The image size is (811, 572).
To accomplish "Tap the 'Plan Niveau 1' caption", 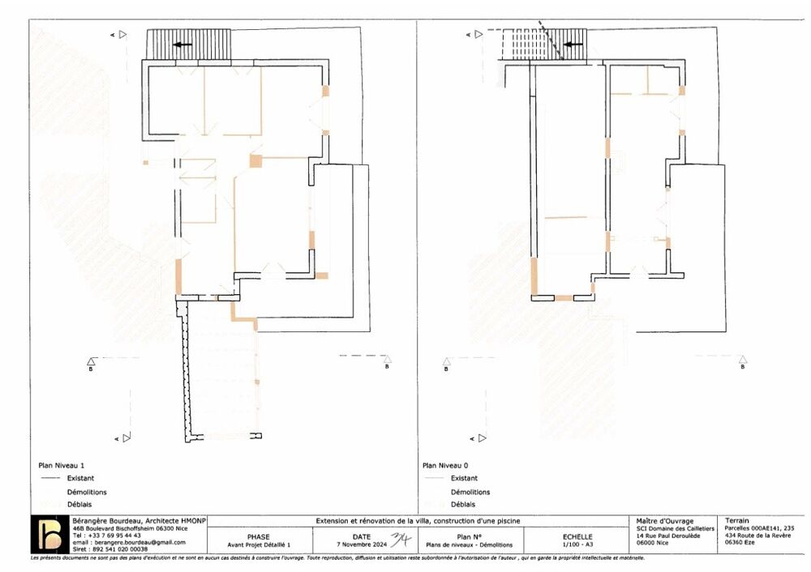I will (62, 466).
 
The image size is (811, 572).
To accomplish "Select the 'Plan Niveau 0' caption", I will (446, 466).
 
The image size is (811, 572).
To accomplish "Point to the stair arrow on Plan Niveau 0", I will (574, 45).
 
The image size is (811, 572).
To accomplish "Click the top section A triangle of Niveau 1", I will (122, 34).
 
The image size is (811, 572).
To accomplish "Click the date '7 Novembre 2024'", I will (362, 545).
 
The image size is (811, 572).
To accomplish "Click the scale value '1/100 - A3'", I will (577, 545).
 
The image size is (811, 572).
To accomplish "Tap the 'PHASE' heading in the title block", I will (258, 536).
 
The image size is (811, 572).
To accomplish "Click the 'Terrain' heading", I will (737, 521).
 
